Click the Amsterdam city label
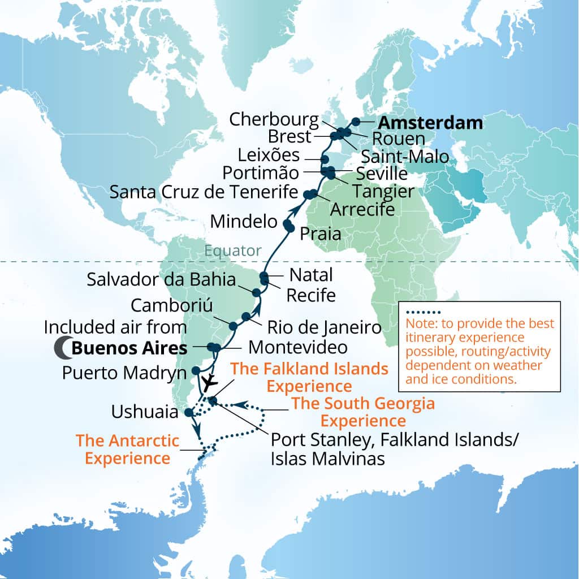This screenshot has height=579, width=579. (x=430, y=123)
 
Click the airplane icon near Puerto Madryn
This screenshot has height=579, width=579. (x=210, y=383)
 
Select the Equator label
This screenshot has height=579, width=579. (x=233, y=250)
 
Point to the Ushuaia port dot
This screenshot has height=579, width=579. (x=189, y=413)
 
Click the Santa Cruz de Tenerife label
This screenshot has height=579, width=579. (x=204, y=192)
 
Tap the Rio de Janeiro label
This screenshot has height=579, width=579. (x=324, y=327)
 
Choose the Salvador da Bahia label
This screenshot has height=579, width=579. (x=161, y=279)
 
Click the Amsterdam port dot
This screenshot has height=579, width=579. (x=356, y=121)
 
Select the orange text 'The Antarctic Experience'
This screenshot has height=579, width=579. (x=127, y=449)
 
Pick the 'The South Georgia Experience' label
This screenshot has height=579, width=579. (x=362, y=412)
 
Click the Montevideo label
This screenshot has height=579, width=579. (x=297, y=346)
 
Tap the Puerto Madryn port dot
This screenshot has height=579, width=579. (x=196, y=370)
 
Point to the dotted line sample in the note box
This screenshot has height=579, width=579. (x=422, y=312)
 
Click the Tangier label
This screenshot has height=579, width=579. (x=383, y=192)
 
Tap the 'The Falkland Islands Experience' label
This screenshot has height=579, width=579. (x=309, y=378)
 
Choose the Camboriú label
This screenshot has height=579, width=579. (x=171, y=305)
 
